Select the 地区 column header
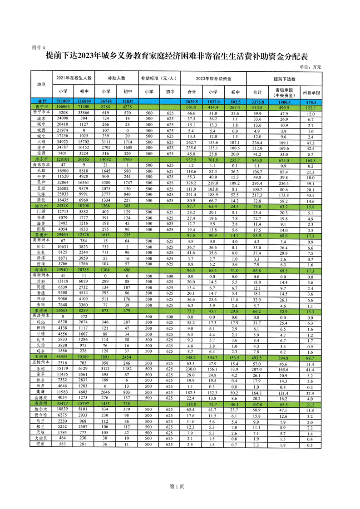[x=41, y=84]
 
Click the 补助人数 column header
[x=116, y=78]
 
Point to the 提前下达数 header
[x=284, y=78]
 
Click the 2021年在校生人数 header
[x=74, y=78]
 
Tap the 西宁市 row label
[x=41, y=107]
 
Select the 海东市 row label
[x=41, y=159]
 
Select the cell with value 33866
[x=84, y=112]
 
